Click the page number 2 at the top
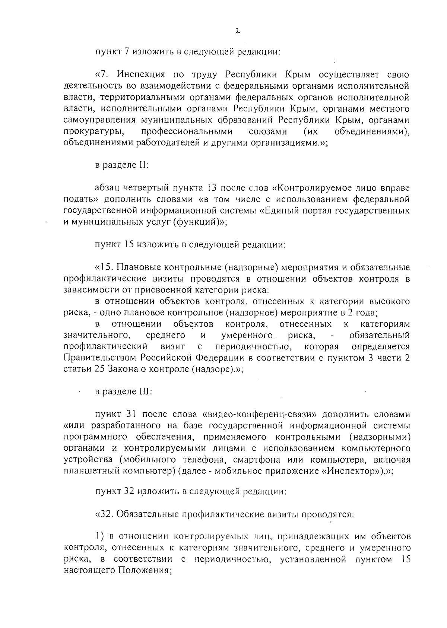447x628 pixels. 237,32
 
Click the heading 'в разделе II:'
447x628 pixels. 122,165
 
